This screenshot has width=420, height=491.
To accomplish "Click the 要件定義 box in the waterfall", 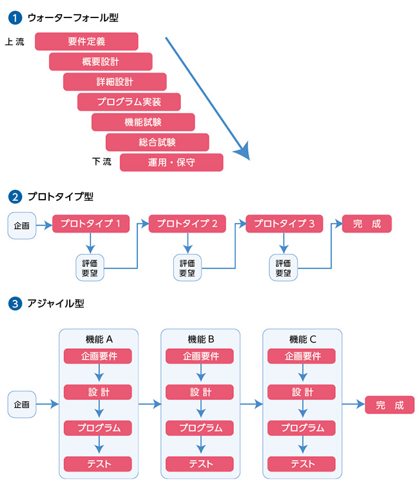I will [87, 41].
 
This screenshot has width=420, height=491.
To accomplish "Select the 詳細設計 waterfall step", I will [115, 82].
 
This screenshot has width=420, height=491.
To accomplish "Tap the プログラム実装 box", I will [129, 102].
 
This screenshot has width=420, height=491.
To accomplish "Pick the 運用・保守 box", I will [172, 162].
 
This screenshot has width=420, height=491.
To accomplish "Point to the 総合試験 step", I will [158, 142].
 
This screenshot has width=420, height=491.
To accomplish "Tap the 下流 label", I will [102, 161].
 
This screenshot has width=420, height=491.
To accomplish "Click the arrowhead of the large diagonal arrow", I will [243, 152].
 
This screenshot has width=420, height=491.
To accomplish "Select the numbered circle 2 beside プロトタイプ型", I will [14, 196].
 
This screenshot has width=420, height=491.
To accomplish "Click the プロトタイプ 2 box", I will [188, 224].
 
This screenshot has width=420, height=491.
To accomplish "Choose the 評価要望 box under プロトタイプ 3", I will [284, 267].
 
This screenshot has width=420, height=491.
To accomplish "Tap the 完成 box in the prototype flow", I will [367, 224].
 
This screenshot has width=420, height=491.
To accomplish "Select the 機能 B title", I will [201, 339].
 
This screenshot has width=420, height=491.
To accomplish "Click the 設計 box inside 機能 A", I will [98, 392].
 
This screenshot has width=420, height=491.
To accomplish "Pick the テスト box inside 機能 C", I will [302, 463].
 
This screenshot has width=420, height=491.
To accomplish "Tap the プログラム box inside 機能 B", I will [200, 428].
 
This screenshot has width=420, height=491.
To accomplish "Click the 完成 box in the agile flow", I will [390, 405].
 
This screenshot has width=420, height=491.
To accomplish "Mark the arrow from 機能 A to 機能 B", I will [150, 405].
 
